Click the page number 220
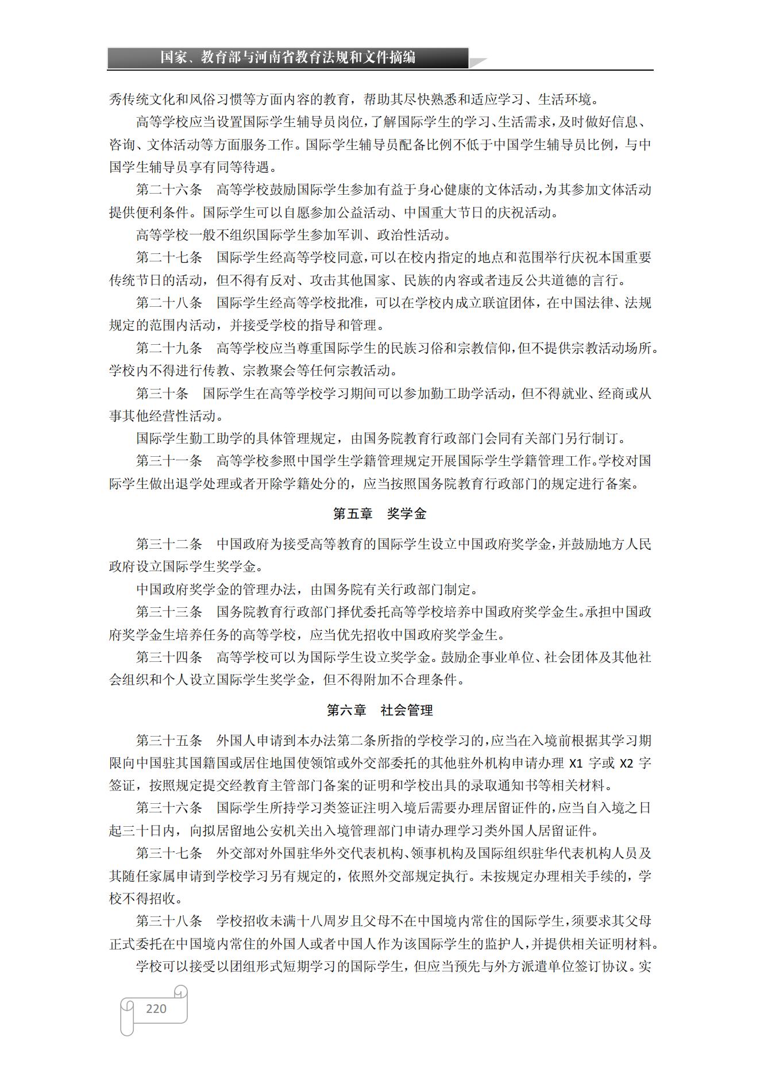pos(156,1009)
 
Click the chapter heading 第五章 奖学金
pos(380,514)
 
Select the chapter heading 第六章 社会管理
pos(380,710)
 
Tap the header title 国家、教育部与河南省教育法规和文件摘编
pos(288,57)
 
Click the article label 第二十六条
pos(169,190)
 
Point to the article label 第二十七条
pos(169,257)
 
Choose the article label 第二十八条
pos(169,303)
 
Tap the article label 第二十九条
pos(169,348)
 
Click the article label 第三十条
pos(162,394)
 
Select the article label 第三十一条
pos(169,461)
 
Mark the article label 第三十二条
pos(169,544)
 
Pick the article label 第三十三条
pos(169,612)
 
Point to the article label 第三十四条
pos(169,657)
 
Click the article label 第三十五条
pos(169,741)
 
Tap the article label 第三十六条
pos(169,808)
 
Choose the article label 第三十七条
pos(169,853)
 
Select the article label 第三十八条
pos(169,921)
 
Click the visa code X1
pos(576,764)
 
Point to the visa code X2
pos(626,764)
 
